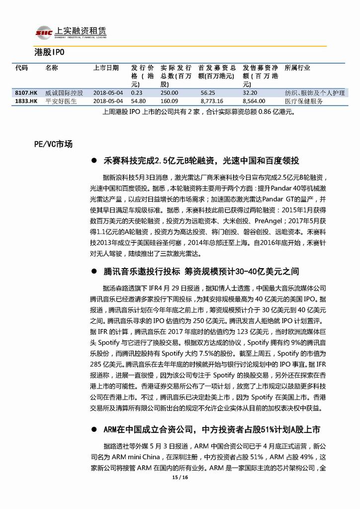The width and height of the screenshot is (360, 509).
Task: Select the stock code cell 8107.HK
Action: coord(26,93)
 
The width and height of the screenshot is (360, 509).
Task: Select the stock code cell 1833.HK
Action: coord(26,101)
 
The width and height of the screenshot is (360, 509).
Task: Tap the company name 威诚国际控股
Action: coord(64,93)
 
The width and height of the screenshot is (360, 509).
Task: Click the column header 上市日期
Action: coord(106,68)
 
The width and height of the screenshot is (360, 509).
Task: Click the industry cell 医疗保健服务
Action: coord(304,101)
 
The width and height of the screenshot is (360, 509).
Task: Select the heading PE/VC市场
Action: coord(53,144)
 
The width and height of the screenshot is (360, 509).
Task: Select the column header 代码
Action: coord(22,68)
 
